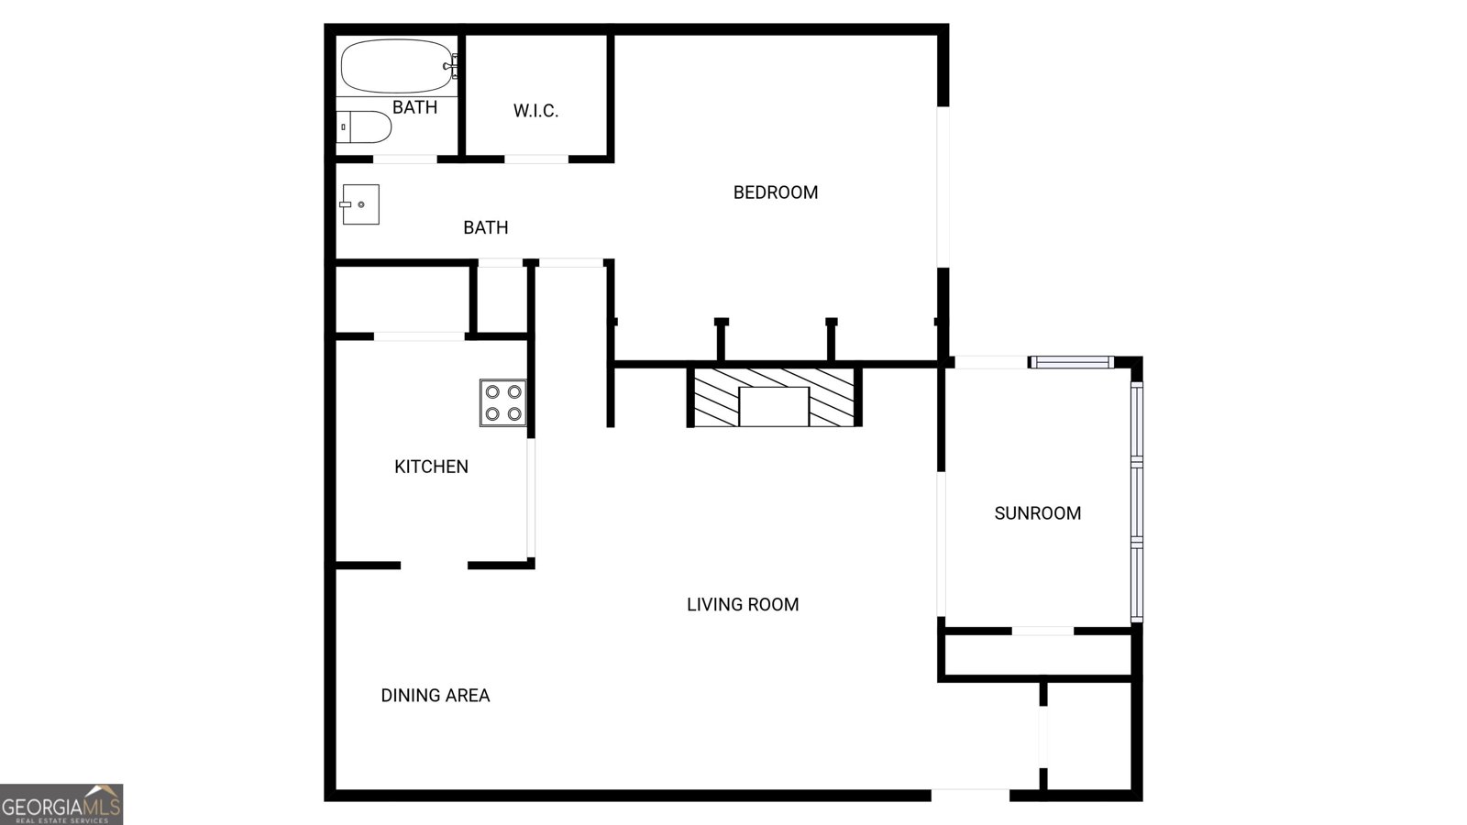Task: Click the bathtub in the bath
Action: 396,66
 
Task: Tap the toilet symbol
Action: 364,127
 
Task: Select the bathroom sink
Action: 360,204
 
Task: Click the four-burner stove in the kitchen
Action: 503,402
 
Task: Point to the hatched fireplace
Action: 775,397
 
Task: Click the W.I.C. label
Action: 535,111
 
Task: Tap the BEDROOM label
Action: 776,192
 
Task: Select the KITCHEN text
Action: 431,467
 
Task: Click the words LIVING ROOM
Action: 743,604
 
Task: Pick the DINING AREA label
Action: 436,696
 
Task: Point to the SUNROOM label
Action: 1038,513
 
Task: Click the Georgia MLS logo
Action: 61,805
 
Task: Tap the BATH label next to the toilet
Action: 414,107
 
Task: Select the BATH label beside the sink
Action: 485,227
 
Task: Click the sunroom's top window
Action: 1071,363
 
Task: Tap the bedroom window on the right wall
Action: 943,187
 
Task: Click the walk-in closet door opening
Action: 536,159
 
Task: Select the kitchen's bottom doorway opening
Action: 435,566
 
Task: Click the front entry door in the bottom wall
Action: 970,794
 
